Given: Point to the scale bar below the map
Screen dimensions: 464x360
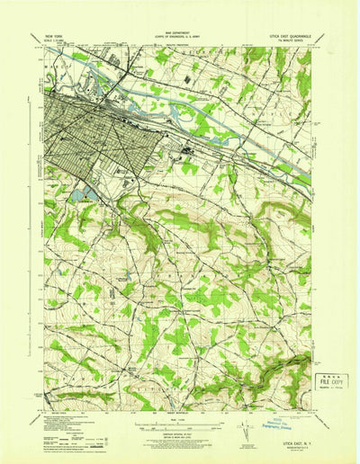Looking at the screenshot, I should pos(178,419).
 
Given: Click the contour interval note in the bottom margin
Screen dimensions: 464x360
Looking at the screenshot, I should pos(178,433).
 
